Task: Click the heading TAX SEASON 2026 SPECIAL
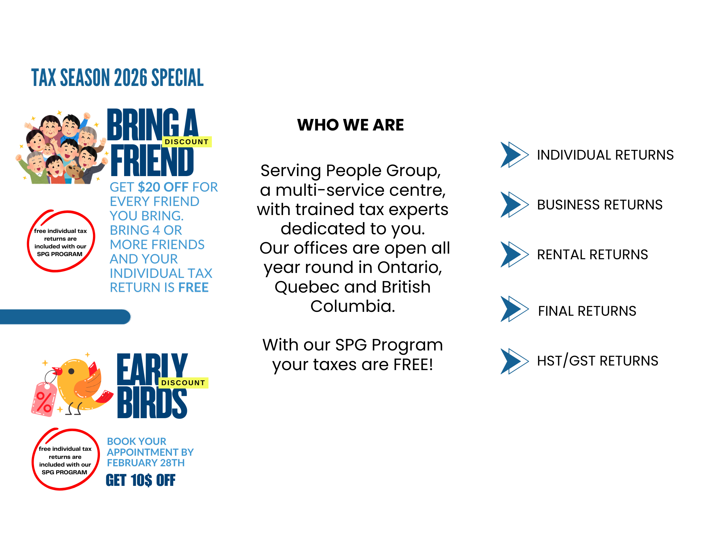point(117,78)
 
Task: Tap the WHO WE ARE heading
point(350,125)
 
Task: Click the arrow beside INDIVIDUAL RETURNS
point(514,155)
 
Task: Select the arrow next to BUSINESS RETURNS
point(514,205)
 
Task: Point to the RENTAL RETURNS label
point(592,254)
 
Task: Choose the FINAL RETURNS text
point(587,311)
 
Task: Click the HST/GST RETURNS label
point(598,361)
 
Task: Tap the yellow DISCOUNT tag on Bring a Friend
point(187,142)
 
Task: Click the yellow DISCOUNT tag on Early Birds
point(183,383)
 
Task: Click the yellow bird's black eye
point(71,371)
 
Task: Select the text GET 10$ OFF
point(140,480)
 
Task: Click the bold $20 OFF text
point(163,187)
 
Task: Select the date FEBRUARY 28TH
point(146,463)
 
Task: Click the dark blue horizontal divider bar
point(65,317)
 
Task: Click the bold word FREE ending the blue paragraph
point(194,288)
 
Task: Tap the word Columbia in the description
point(352,306)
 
